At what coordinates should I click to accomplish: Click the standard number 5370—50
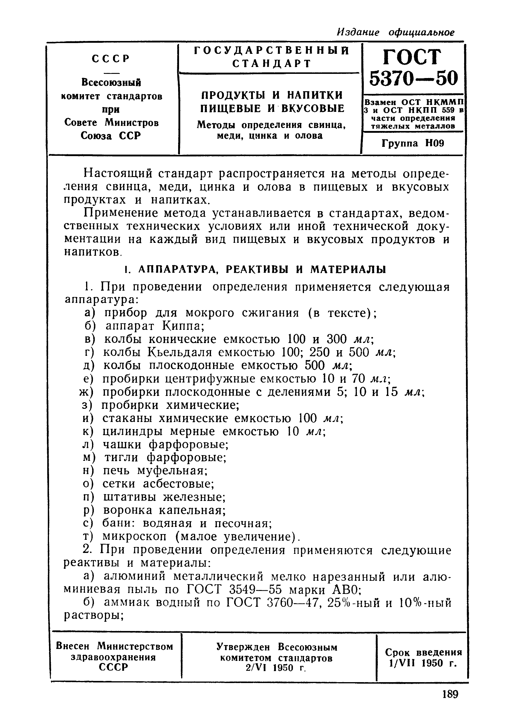(413, 78)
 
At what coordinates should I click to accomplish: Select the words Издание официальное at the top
(396, 32)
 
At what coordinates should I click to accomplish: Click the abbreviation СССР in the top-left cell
(111, 59)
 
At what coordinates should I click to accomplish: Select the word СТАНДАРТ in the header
(272, 64)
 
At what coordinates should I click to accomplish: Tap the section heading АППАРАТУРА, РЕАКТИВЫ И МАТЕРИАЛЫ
(262, 269)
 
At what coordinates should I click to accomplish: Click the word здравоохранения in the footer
(114, 657)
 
